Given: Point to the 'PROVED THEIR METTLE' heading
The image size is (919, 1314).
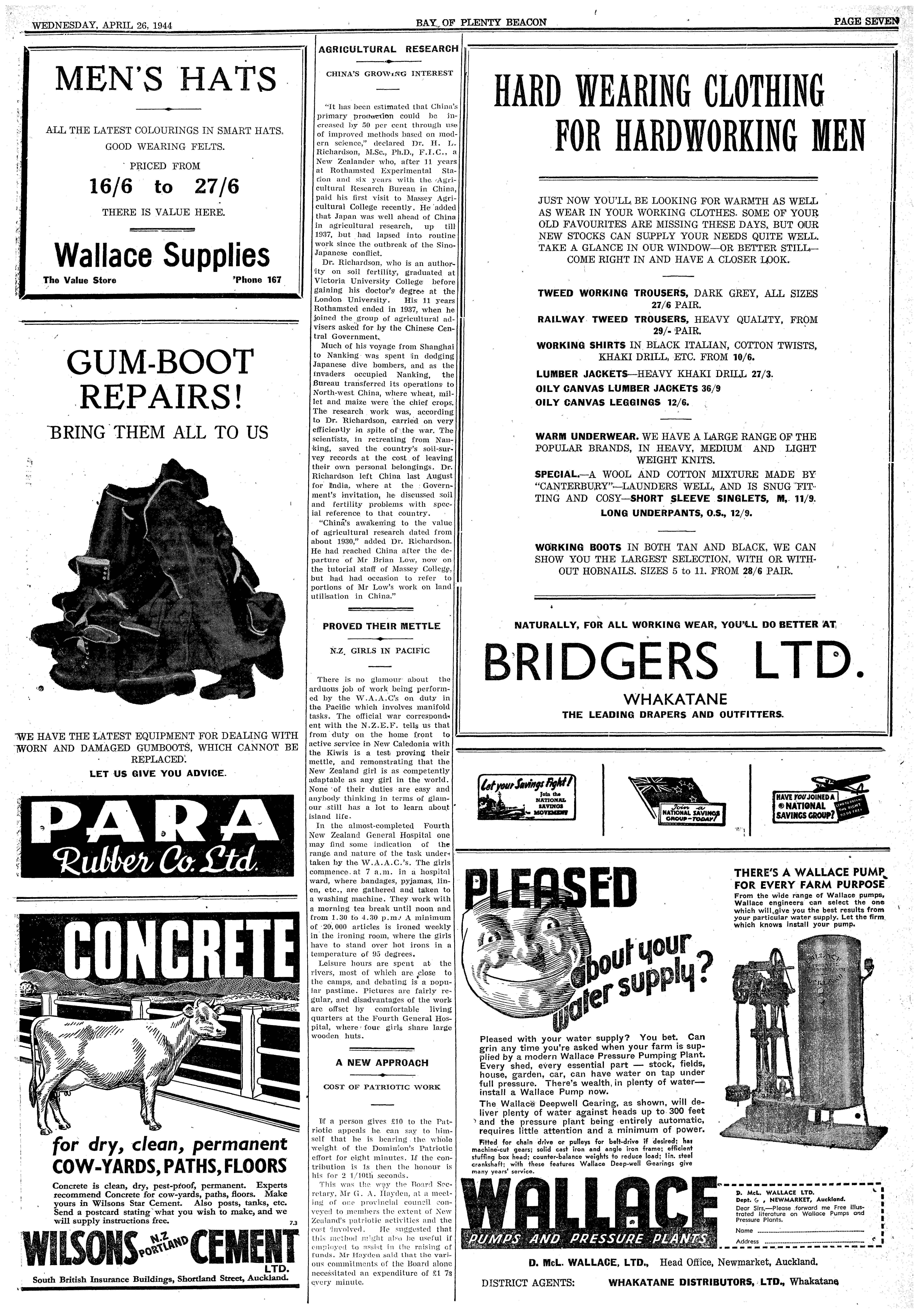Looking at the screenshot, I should click(381, 626).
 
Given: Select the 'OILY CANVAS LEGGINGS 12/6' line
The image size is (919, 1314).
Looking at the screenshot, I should click(612, 402).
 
